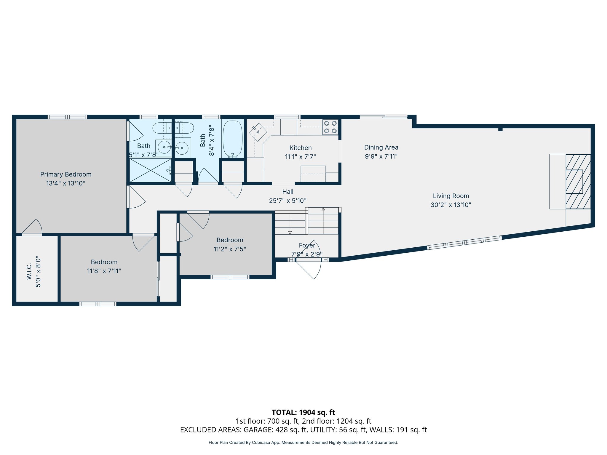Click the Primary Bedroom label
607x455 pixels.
coord(66,174)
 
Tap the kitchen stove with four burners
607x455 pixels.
coord(330,127)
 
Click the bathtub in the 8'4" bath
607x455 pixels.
coord(233,138)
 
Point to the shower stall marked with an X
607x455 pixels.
coord(151,170)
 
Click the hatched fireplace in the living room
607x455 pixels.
coord(578,182)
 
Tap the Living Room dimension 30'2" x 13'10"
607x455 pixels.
coord(451,205)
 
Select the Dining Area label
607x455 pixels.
coord(381,148)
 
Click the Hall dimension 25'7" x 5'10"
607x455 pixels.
coord(287,201)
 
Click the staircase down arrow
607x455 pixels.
coord(290,232)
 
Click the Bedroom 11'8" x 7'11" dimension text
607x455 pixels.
coord(104,271)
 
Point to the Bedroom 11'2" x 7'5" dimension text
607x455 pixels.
coord(230,249)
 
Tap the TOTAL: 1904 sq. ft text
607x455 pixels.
coord(303,412)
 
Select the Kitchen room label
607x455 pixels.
coord(300,148)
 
